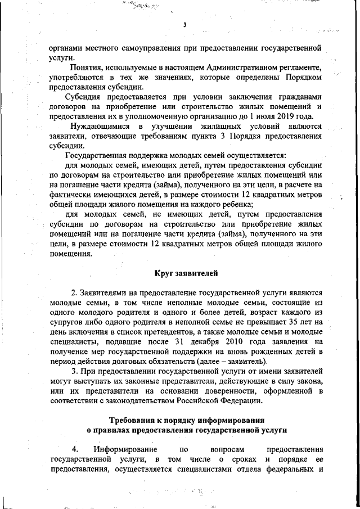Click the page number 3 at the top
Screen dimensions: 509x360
[184, 24]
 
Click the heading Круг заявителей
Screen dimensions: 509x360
[186, 274]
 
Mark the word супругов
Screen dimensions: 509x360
[66, 322]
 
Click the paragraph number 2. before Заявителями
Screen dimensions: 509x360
[74, 293]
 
